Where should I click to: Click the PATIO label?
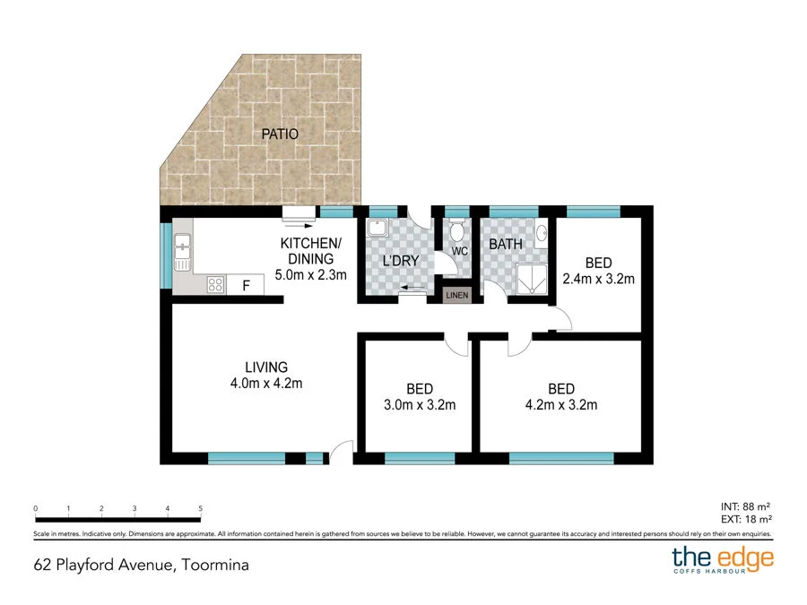(280, 134)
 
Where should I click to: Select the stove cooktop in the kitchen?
(216, 285)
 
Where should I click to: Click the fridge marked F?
(245, 285)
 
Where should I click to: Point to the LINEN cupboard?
(456, 295)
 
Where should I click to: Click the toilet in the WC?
(457, 234)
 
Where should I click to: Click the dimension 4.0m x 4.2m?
(266, 384)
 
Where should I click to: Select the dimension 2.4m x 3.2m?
(598, 279)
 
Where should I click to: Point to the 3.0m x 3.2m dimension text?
(419, 405)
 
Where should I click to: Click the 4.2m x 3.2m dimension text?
(560, 405)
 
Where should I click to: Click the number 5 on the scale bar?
(200, 508)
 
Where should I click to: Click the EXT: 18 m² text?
(746, 519)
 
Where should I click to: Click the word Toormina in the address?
(214, 565)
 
